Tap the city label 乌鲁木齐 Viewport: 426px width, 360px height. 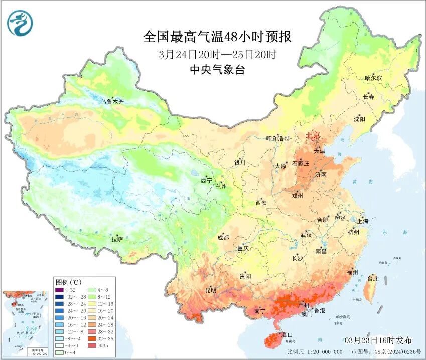(111, 102)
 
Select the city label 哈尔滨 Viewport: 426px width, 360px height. (373, 78)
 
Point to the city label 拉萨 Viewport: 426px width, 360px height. (117, 239)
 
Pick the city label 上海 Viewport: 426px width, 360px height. (363, 221)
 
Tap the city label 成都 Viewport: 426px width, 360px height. (223, 238)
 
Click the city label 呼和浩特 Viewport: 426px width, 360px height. (277, 139)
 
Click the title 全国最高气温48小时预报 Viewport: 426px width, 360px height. (217, 37)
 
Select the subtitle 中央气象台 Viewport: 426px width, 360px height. (217, 70)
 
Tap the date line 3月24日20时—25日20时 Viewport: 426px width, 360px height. (217, 54)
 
